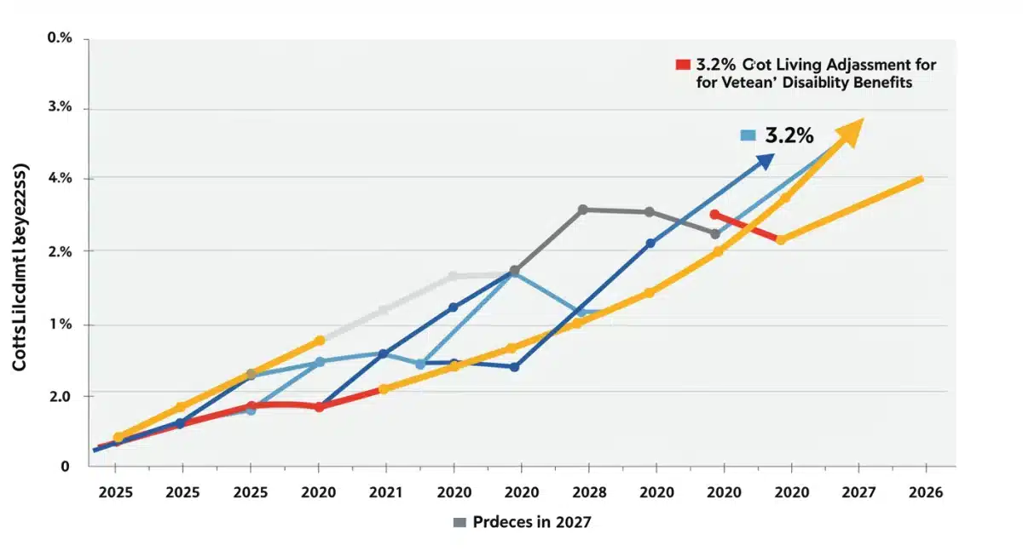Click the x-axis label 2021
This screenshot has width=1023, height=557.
(x=385, y=492)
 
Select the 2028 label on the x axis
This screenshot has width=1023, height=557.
(x=588, y=492)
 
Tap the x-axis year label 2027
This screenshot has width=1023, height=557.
(x=858, y=492)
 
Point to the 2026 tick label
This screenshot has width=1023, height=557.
(x=926, y=492)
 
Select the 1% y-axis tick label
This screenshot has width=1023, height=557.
(x=61, y=324)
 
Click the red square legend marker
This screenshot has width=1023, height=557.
(x=682, y=65)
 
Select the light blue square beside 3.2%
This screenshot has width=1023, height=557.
(x=748, y=135)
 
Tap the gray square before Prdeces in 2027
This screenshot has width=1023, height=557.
(x=459, y=522)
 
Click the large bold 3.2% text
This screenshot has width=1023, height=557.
(x=789, y=135)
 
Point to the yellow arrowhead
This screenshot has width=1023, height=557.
(x=852, y=132)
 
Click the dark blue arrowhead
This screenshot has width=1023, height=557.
(x=764, y=161)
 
